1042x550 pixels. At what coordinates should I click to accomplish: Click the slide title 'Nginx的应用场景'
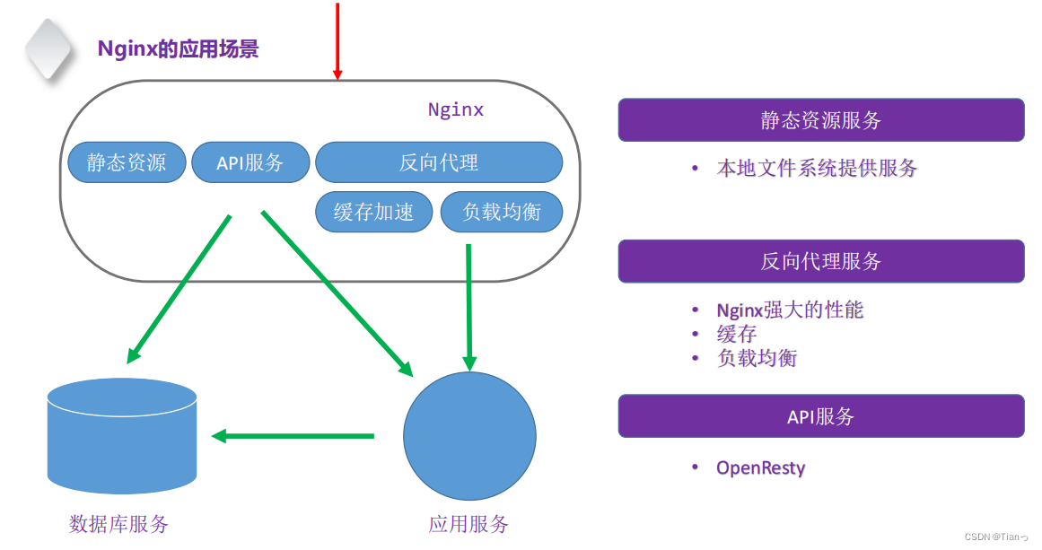click(x=178, y=48)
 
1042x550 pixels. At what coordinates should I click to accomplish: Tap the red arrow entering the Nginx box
click(x=337, y=40)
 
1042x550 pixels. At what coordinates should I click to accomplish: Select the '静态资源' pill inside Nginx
click(x=127, y=162)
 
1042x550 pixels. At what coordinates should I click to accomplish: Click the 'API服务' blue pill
click(x=250, y=162)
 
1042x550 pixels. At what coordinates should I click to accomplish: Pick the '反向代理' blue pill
click(x=438, y=162)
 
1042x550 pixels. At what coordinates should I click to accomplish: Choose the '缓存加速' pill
click(x=373, y=212)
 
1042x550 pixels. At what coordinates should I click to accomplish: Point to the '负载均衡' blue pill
click(x=502, y=212)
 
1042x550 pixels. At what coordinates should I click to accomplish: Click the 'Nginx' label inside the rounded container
click(x=455, y=109)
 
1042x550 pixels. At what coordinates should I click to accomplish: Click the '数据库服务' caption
click(x=118, y=523)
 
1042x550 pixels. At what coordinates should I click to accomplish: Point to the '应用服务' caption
click(x=468, y=523)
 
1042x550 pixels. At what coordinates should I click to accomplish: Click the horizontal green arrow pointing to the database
click(x=293, y=436)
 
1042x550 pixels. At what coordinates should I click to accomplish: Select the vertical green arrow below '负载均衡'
click(x=468, y=305)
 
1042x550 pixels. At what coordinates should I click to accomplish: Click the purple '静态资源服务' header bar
click(x=820, y=120)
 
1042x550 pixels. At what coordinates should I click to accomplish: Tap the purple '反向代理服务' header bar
click(x=820, y=261)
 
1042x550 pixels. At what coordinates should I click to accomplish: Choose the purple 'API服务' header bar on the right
click(x=820, y=416)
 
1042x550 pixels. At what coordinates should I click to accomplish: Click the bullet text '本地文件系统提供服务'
click(x=817, y=168)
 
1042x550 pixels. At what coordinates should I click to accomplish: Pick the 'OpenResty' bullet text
click(x=760, y=467)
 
